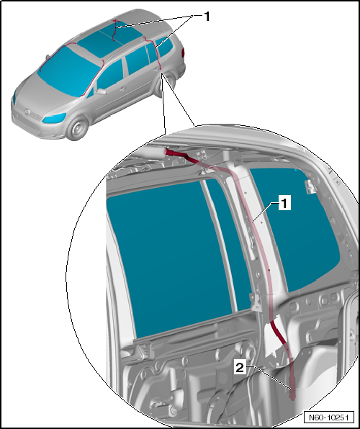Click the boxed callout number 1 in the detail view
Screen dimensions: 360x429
[x=284, y=203]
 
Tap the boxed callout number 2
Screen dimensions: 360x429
[x=240, y=367]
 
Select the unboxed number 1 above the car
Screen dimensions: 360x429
[x=207, y=17]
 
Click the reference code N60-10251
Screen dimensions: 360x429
[x=328, y=417]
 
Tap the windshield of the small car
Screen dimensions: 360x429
[x=68, y=71]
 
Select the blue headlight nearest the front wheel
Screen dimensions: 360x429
[x=54, y=118]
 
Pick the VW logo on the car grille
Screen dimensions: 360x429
[x=27, y=112]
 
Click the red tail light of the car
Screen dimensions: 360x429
[x=183, y=53]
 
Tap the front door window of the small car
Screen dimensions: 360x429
[x=110, y=76]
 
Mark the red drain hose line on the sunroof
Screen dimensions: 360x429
[x=114, y=30]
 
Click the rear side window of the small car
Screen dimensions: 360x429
[x=164, y=47]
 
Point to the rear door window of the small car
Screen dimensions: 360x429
[x=138, y=60]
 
